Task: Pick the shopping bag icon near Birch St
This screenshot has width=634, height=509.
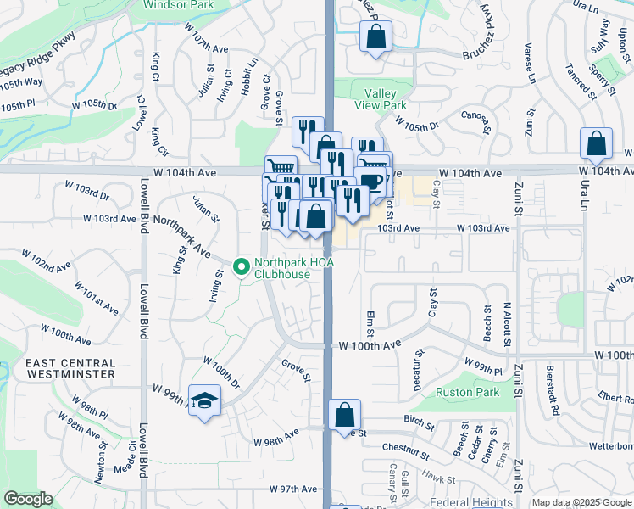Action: pos(345,415)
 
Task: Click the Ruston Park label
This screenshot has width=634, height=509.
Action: pos(467,392)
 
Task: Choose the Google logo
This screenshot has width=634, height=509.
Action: pos(28,499)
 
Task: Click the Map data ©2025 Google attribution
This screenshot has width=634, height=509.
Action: pos(581,503)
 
